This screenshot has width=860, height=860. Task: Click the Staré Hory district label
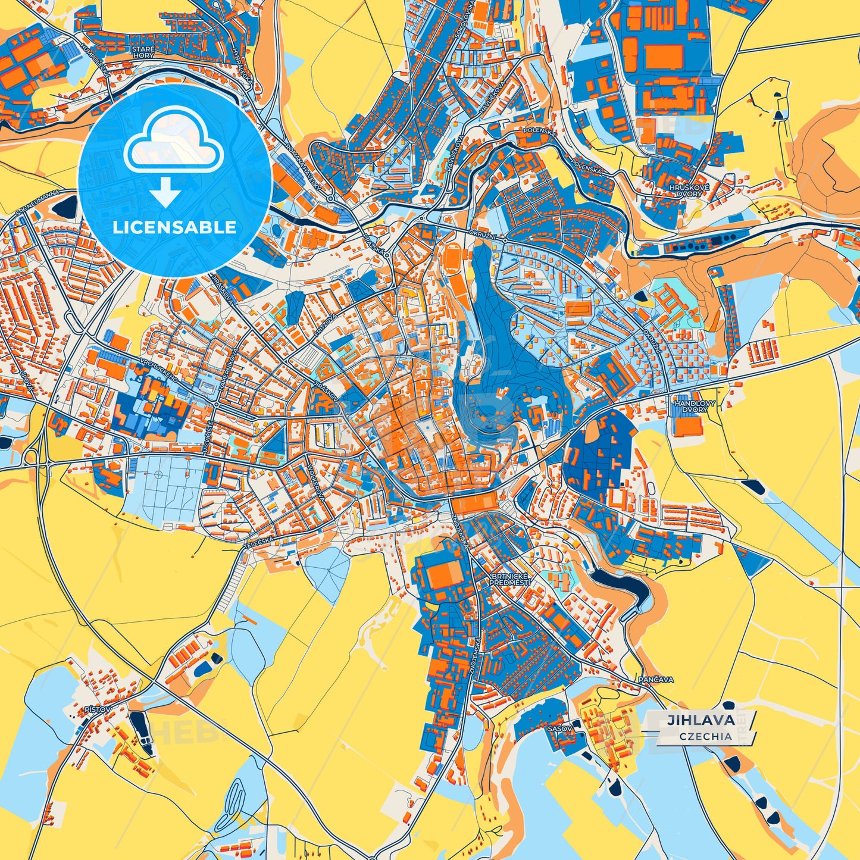click(143, 52)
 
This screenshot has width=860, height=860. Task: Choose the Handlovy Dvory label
click(691, 406)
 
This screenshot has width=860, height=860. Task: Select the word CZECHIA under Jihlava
click(705, 736)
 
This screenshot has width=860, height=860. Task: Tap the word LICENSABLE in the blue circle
click(174, 227)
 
